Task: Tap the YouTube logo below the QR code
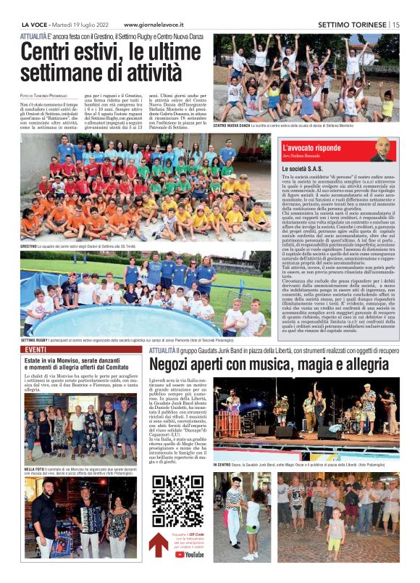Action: pos(190,554)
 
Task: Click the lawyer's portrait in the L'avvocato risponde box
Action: pos(381,149)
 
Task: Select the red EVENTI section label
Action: pos(35,350)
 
